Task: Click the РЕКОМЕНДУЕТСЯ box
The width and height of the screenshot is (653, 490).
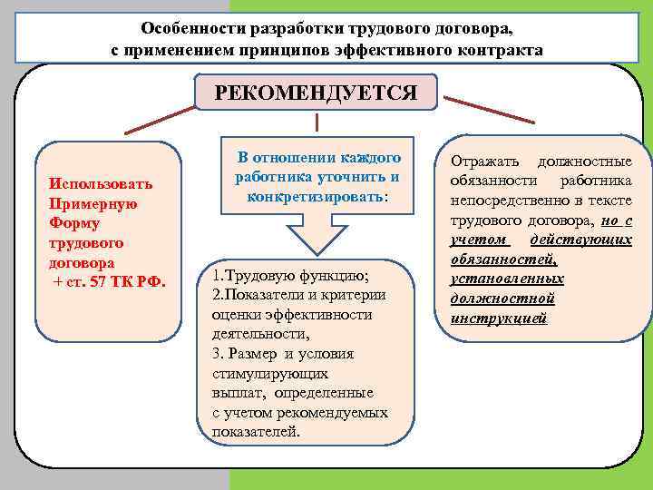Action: pyautogui.click(x=316, y=92)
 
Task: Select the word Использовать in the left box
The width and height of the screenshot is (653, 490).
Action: pyautogui.click(x=102, y=184)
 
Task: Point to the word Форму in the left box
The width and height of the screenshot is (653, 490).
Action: pyautogui.click(x=75, y=223)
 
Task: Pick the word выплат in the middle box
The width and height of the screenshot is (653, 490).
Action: pyautogui.click(x=235, y=394)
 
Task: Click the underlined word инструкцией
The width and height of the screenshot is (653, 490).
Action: pyautogui.click(x=499, y=318)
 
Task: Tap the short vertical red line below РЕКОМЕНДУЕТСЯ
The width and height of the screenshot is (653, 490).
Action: pyautogui.click(x=316, y=122)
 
